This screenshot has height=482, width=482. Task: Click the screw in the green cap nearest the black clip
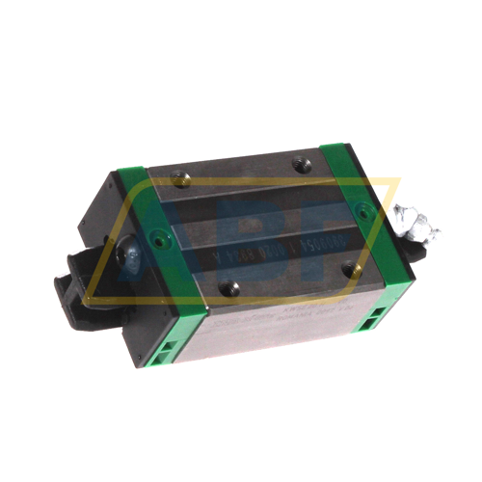tap(159, 232)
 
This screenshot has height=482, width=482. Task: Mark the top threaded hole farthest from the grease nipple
tap(180, 175)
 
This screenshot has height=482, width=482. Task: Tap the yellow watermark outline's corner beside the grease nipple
tap(395, 178)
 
